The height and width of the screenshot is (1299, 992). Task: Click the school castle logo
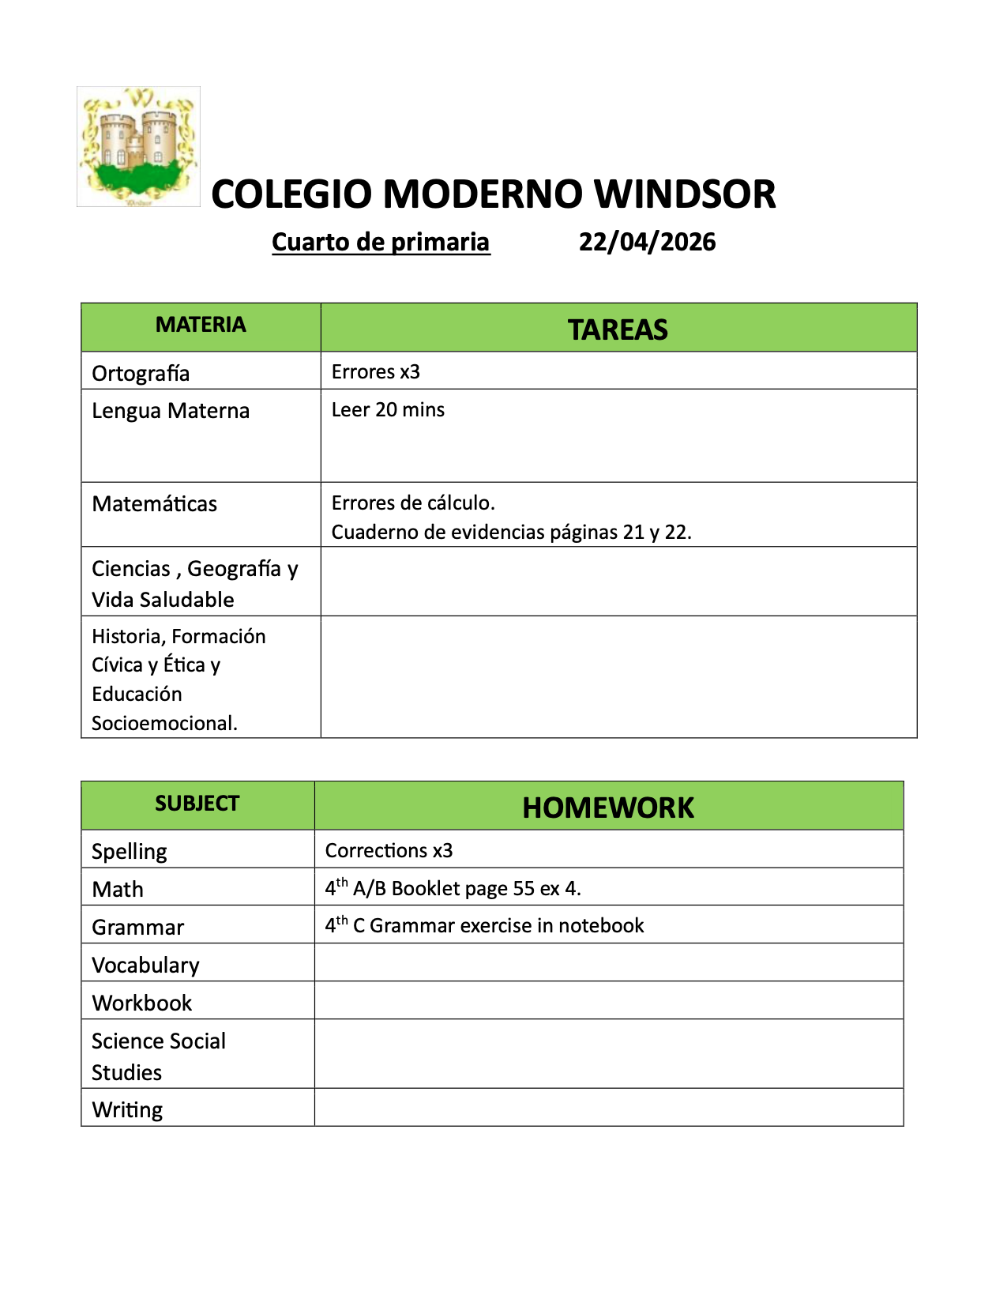pos(138,147)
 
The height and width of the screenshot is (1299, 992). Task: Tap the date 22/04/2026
pos(647,242)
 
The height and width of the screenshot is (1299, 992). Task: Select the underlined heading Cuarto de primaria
pos(381,242)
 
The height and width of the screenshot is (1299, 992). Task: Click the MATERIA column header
pos(201,325)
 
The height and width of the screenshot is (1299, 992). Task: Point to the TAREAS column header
pos(618,329)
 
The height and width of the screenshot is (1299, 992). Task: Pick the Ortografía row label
pos(141,373)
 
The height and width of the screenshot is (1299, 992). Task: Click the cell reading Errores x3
pos(376,371)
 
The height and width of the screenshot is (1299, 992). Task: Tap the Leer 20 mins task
pos(388,409)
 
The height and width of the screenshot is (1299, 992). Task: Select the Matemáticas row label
pos(154,504)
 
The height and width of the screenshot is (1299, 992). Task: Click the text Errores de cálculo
pos(413,503)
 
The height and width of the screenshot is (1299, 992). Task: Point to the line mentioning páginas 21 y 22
pos(511,532)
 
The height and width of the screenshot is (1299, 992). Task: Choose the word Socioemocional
pos(164,723)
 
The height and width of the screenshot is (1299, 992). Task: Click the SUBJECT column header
pos(197,804)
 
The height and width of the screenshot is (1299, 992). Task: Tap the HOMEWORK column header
pos(608,808)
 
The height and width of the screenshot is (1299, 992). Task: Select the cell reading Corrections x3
pos(389,850)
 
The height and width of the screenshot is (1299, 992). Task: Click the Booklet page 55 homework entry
pos(453,888)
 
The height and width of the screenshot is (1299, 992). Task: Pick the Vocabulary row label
pos(145,965)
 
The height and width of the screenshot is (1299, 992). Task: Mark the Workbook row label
pos(142,1003)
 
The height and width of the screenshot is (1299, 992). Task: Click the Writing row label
pos(127,1109)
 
